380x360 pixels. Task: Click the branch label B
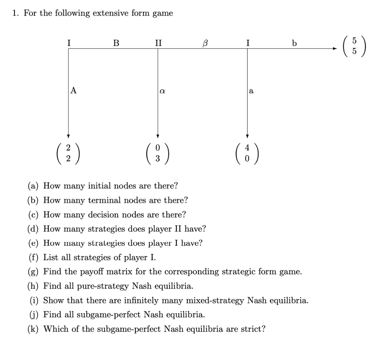tap(116, 43)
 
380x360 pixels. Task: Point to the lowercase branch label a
tap(251, 90)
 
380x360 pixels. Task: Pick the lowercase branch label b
tap(294, 43)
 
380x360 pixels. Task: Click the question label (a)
tap(34, 186)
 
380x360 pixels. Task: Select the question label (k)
tap(34, 329)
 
